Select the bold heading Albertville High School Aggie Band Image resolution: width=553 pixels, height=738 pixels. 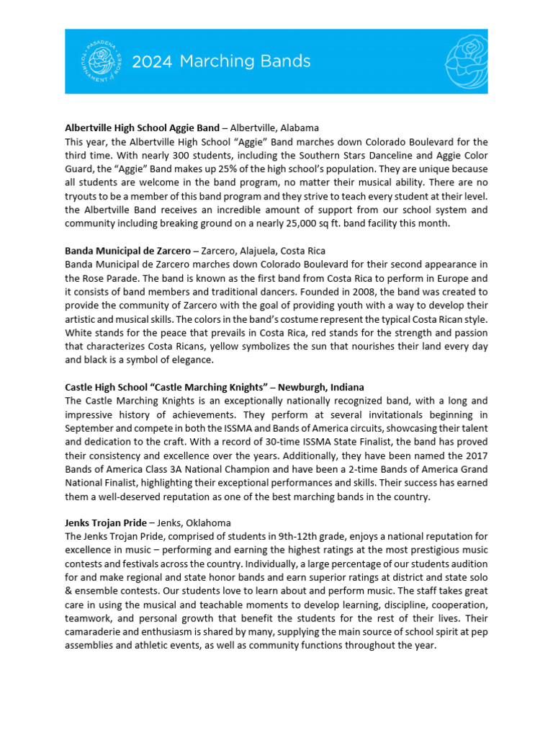(141, 128)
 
